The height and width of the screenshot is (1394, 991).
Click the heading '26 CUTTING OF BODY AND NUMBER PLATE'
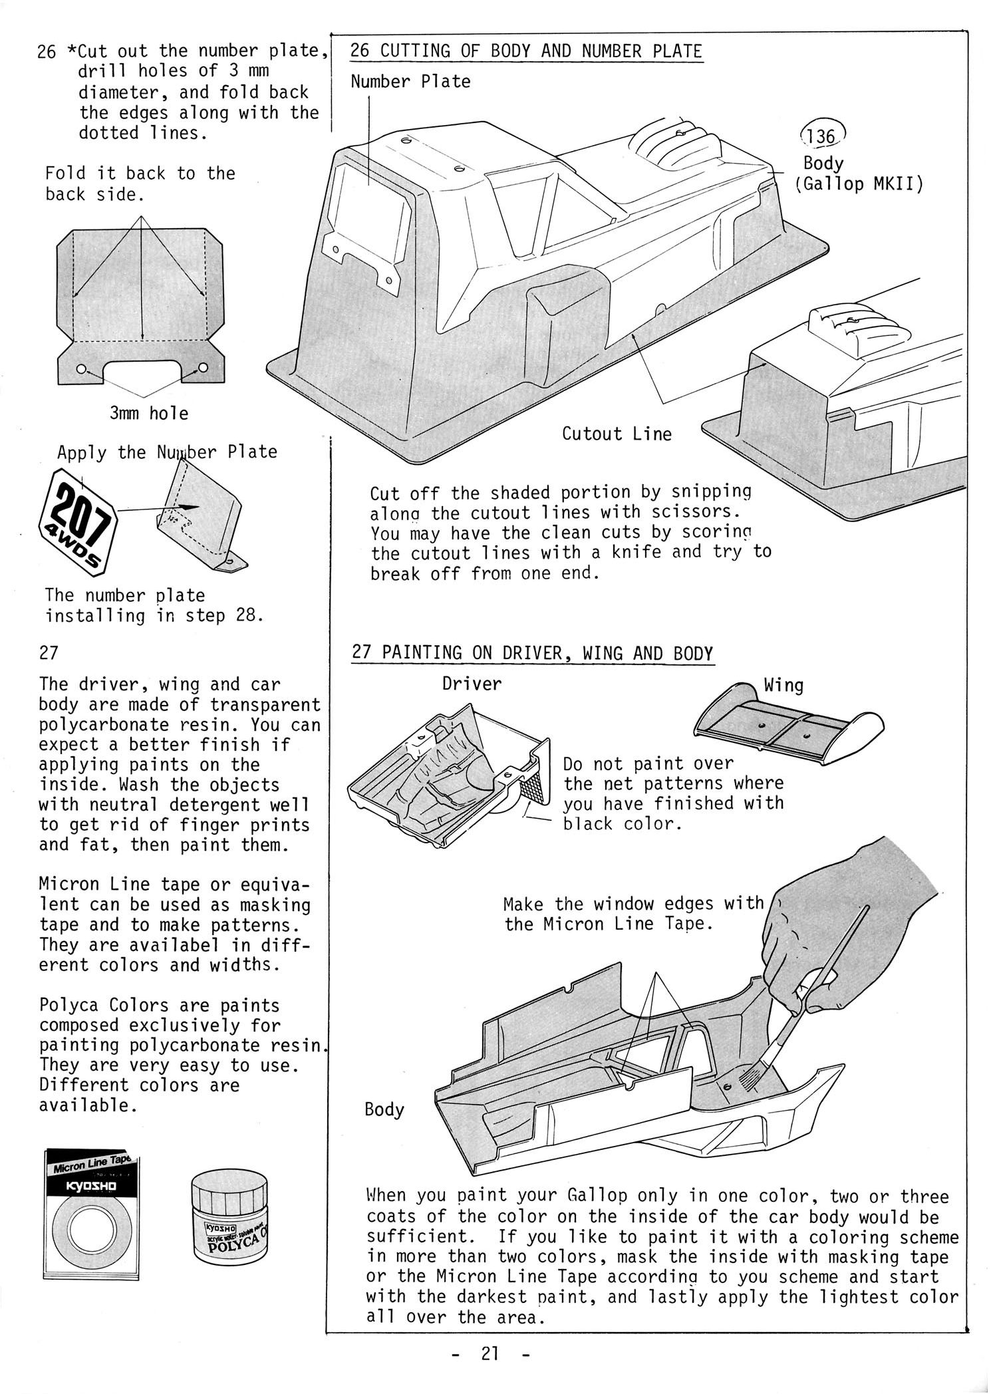click(x=526, y=51)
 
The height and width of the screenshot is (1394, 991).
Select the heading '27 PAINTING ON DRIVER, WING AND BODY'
click(x=532, y=652)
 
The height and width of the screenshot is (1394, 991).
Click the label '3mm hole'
click(x=149, y=413)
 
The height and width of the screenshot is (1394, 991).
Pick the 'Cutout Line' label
click(x=617, y=434)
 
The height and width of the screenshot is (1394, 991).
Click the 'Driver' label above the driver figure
click(x=472, y=683)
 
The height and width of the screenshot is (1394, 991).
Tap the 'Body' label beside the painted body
click(x=384, y=1109)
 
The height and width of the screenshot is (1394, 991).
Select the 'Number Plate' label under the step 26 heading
click(x=410, y=82)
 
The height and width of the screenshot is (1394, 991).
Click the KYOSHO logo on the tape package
click(x=92, y=1187)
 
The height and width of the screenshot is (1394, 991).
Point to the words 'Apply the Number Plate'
click(x=167, y=452)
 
